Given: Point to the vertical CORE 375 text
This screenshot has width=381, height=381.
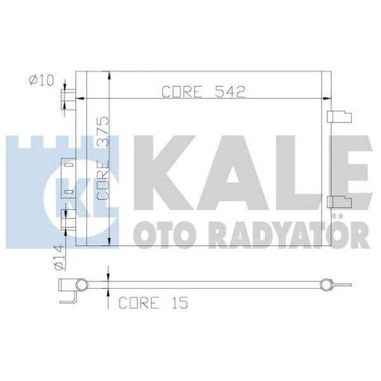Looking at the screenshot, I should (x=104, y=159).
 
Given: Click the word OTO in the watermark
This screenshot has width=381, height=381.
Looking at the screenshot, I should (x=158, y=236).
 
